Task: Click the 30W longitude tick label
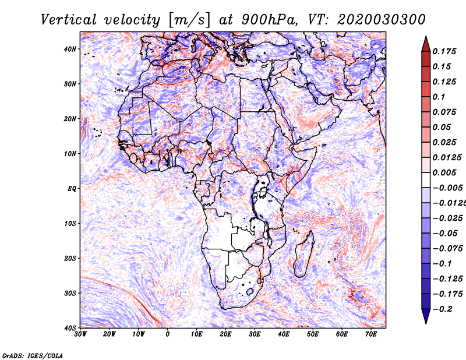click(80, 334)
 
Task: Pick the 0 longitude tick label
click(168, 334)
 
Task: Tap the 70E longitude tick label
click(371, 334)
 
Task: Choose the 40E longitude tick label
click(284, 334)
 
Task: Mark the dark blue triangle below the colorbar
click(425, 317)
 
